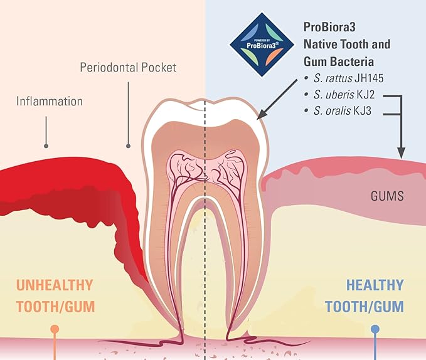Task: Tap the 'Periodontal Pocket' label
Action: tap(128, 66)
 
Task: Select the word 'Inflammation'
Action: tap(50, 100)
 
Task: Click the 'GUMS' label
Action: tap(386, 196)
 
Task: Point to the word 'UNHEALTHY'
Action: tap(55, 285)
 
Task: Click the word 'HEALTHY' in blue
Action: tap(375, 285)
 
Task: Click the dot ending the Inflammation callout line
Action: tap(46, 146)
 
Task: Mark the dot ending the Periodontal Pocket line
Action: tap(128, 146)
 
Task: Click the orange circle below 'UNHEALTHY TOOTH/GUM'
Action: tap(55, 329)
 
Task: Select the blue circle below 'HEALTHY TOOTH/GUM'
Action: tap(375, 329)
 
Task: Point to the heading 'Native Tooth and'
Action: tap(347, 45)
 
